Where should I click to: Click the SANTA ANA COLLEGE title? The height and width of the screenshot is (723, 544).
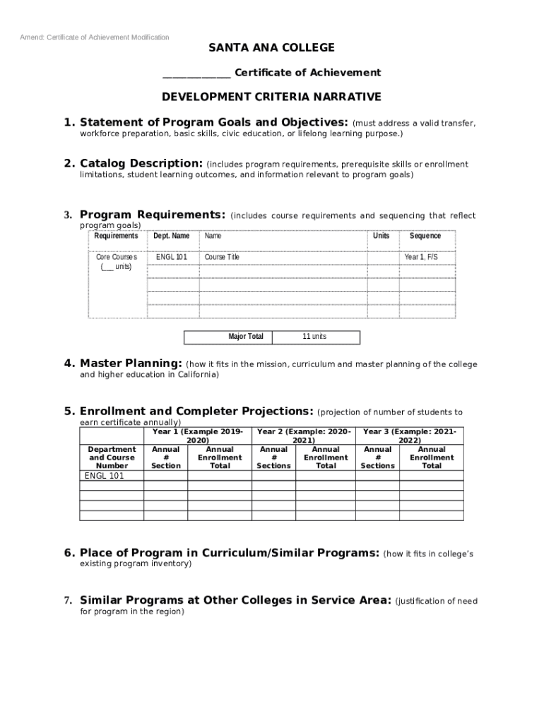click(x=271, y=48)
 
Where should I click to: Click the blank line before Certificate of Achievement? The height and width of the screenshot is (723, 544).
click(x=196, y=73)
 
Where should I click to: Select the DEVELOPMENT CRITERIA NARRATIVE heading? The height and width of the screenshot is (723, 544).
click(x=271, y=97)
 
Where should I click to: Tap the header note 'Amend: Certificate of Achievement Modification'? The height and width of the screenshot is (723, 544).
click(x=94, y=37)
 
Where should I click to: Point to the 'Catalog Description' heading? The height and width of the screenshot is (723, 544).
click(x=141, y=164)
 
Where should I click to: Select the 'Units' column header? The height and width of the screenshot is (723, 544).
click(x=382, y=236)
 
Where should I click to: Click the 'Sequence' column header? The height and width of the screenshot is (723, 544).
click(x=425, y=236)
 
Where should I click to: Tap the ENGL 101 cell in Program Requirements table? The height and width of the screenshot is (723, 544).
click(x=172, y=257)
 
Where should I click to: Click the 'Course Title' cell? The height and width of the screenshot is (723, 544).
click(x=222, y=257)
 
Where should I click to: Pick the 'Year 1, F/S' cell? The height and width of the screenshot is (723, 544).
click(x=421, y=257)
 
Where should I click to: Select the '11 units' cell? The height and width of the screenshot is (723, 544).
click(x=314, y=337)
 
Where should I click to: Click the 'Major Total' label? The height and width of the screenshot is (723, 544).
click(x=246, y=337)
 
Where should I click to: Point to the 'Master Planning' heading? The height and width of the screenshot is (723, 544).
click(x=131, y=364)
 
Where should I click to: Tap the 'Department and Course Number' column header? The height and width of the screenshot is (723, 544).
click(x=112, y=458)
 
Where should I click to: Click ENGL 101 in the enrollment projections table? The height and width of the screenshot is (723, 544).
click(x=104, y=476)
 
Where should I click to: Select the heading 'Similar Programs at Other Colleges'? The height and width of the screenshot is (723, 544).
click(x=235, y=600)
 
